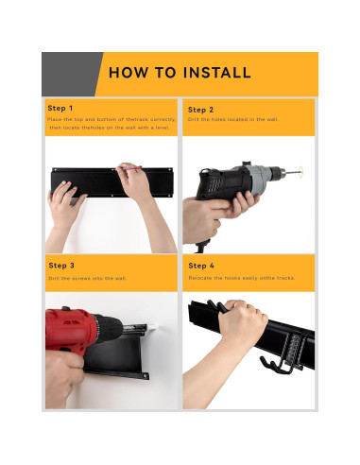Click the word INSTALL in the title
point(216,73)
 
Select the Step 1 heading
point(60,108)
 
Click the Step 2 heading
point(200,110)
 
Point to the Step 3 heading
point(61,266)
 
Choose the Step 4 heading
point(201,266)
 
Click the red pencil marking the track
point(129,168)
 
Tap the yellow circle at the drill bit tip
point(301,171)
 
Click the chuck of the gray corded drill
point(279,172)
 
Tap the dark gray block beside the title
point(70,74)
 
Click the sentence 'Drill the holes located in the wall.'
point(233,119)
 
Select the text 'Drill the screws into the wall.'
point(88,278)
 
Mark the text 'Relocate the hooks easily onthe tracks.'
point(242,278)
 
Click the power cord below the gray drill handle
point(201,247)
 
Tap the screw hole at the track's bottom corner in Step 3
point(146,375)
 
